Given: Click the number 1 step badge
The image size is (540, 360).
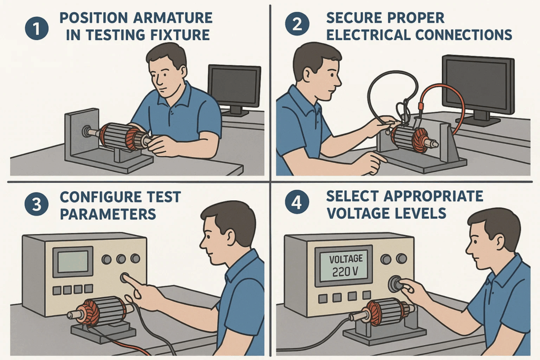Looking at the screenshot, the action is point(36,28).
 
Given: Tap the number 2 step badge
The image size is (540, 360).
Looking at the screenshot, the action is point(297,24).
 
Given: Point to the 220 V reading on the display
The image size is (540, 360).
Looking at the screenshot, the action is point(345,272).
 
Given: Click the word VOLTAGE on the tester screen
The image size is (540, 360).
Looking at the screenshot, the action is point(346,259).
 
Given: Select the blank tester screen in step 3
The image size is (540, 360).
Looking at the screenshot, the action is point(73,261).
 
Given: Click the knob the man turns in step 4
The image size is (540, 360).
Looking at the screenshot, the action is point(396,284).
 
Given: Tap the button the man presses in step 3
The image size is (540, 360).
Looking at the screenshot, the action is point(124,277).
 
